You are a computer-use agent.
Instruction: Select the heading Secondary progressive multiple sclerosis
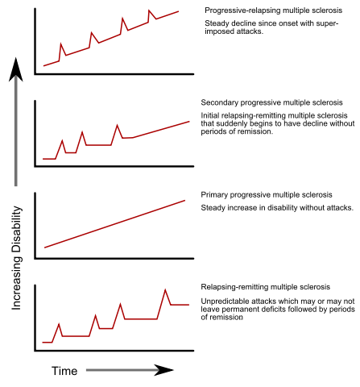click(x=271, y=103)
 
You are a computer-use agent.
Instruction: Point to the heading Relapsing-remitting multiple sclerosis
click(x=264, y=288)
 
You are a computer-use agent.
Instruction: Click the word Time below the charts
click(x=64, y=371)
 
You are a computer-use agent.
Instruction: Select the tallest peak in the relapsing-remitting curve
click(x=166, y=289)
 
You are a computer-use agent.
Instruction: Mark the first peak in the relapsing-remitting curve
click(x=58, y=324)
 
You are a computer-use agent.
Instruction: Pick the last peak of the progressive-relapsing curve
click(x=151, y=11)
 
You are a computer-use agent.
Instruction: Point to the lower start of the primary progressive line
click(x=44, y=247)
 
